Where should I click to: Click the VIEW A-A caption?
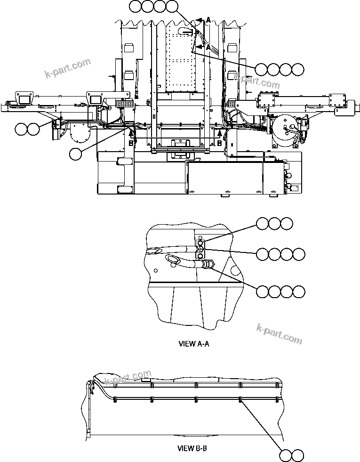[193, 344]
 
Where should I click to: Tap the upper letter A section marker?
[208, 19]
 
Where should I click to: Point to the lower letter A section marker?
[208, 47]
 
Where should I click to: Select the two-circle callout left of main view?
[27, 129]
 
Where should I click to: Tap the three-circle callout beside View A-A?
[275, 224]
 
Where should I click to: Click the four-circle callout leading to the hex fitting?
[280, 292]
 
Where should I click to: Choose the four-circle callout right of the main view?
[280, 69]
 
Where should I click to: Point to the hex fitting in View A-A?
[208, 266]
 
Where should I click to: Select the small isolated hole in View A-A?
[156, 270]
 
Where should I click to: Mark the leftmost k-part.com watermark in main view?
[67, 68]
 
